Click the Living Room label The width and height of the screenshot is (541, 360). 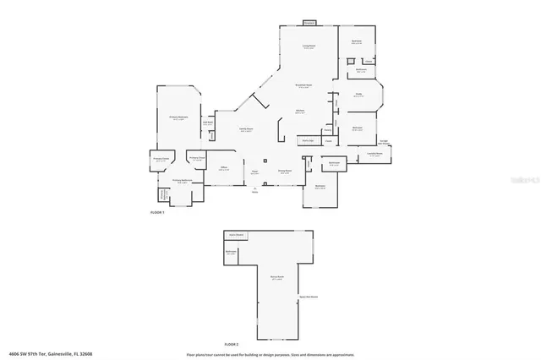pos(309,46)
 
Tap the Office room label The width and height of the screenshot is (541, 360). pos(224,168)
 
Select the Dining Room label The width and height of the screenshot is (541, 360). pos(285,171)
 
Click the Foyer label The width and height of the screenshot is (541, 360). pos(254,172)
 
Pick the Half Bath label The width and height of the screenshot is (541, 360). pos(207,123)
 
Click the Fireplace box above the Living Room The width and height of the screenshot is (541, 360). pos(309,22)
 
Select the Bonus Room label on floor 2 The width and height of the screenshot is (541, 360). pos(276,277)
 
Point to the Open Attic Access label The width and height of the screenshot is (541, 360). pos(308,297)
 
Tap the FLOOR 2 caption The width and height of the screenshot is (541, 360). pos(232,344)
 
